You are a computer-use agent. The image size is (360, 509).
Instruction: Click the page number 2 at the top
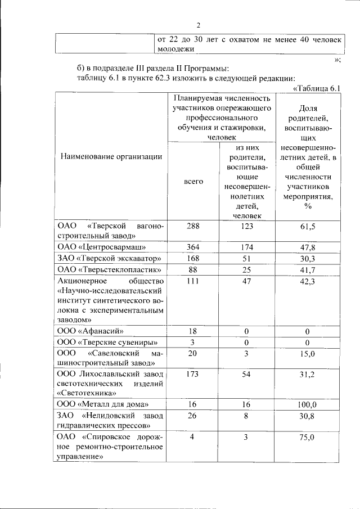tap(199, 25)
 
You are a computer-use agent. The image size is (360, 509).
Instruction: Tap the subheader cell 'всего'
tap(193, 182)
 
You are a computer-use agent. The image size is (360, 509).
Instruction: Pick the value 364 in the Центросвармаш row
tap(193, 247)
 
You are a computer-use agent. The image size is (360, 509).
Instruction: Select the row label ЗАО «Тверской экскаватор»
tap(110, 258)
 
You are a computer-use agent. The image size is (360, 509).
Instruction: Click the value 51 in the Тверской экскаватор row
tap(246, 258)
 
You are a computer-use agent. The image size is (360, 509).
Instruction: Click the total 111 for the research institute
tap(193, 281)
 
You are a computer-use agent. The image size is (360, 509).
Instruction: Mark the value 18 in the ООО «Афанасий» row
tap(193, 331)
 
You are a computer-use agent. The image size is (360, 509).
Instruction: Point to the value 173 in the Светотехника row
tap(193, 374)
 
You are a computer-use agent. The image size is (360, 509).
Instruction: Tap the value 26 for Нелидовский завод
tap(193, 416)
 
